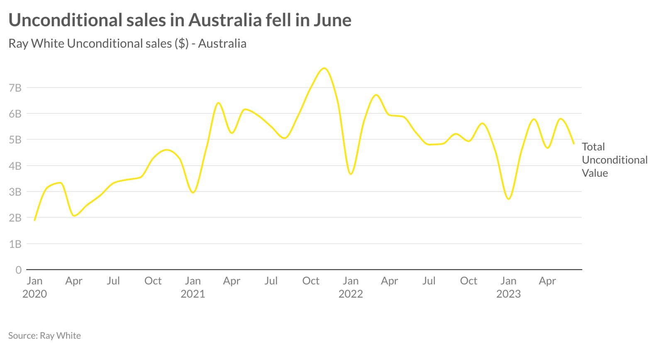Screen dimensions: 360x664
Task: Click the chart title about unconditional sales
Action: click(180, 20)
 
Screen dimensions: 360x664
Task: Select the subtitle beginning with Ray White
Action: click(127, 44)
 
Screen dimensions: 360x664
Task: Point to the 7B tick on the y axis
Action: click(15, 88)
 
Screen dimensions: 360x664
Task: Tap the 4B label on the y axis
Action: click(15, 166)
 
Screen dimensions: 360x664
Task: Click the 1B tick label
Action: click(15, 244)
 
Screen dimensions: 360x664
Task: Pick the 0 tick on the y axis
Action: click(18, 270)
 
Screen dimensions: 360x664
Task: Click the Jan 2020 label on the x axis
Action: click(34, 287)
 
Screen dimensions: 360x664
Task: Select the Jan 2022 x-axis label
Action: click(350, 287)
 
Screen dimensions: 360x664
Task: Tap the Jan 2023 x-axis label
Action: click(508, 287)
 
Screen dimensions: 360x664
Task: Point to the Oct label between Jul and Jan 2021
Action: click(153, 281)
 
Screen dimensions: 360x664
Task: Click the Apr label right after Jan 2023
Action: click(547, 281)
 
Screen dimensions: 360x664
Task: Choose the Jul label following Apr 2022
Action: click(429, 281)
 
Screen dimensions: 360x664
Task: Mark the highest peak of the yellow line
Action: click(324, 68)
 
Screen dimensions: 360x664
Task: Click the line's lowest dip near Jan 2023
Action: click(509, 199)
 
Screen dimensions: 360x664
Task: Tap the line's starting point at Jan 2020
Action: click(34, 220)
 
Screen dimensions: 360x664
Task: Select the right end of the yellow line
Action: click(574, 144)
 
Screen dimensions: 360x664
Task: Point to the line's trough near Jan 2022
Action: click(351, 174)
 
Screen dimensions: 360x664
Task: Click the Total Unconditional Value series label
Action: click(614, 160)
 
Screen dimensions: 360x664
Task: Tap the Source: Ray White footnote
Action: click(44, 336)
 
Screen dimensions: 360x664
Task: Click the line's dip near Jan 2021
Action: click(193, 192)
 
